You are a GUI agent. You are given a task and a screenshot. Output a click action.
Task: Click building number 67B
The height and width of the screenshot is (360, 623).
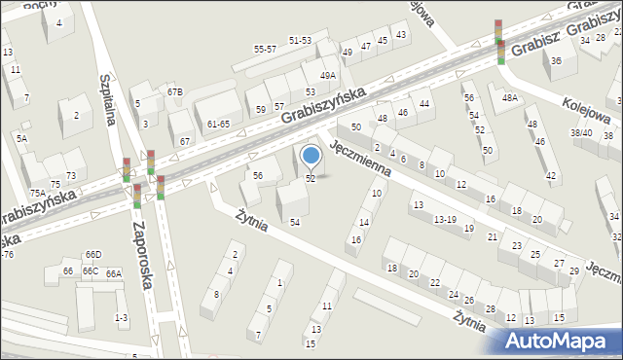(x=174, y=91)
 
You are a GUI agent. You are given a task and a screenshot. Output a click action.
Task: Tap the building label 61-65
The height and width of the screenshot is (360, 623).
(x=218, y=125)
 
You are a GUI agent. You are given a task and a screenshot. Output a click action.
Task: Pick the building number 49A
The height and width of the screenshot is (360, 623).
(x=328, y=75)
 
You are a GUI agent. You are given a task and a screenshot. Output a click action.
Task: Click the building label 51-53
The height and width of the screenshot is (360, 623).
(x=299, y=40)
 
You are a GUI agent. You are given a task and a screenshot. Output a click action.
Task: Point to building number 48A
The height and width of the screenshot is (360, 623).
(x=509, y=98)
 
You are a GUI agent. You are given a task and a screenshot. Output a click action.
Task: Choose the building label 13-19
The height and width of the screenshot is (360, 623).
(x=445, y=219)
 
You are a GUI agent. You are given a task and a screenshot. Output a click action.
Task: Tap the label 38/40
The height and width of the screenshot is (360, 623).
(x=581, y=132)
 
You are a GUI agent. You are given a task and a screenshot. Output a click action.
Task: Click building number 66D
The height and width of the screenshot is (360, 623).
(x=92, y=255)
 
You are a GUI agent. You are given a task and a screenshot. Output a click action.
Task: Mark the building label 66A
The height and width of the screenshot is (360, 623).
(x=114, y=274)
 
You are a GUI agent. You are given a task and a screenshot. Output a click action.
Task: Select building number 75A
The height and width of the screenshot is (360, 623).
(x=37, y=194)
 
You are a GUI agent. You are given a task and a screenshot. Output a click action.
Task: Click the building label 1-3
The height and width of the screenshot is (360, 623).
(x=121, y=318)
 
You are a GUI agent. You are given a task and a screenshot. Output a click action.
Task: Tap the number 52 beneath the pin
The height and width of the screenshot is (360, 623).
(x=311, y=179)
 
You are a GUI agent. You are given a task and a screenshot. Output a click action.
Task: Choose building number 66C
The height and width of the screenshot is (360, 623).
(x=90, y=271)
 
